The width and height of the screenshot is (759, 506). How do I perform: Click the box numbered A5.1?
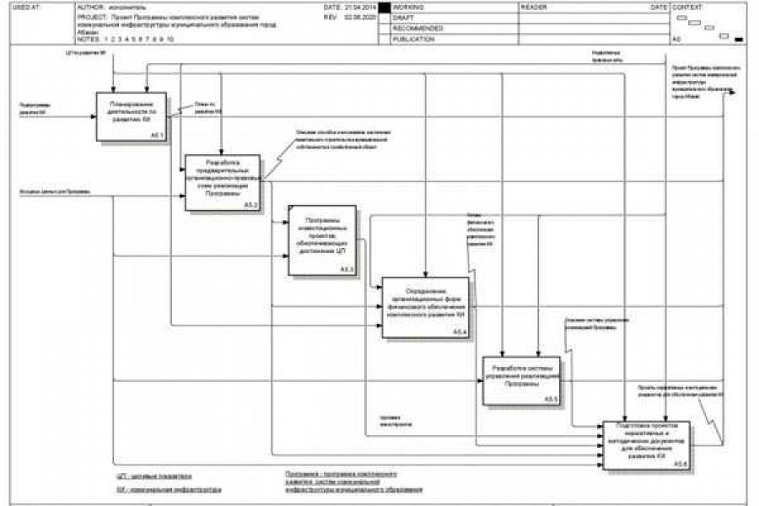(131, 116)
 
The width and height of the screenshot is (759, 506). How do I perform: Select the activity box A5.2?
(223, 182)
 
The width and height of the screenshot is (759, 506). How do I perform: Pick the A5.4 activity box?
(425, 307)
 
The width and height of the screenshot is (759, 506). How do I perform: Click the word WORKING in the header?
(408, 7)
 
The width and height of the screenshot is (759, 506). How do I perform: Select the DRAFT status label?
(403, 18)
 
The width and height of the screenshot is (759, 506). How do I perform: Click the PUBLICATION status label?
(413, 39)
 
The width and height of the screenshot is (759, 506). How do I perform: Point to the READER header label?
(534, 7)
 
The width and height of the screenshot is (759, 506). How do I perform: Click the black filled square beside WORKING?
(385, 8)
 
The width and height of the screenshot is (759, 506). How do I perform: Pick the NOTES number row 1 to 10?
(138, 40)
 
